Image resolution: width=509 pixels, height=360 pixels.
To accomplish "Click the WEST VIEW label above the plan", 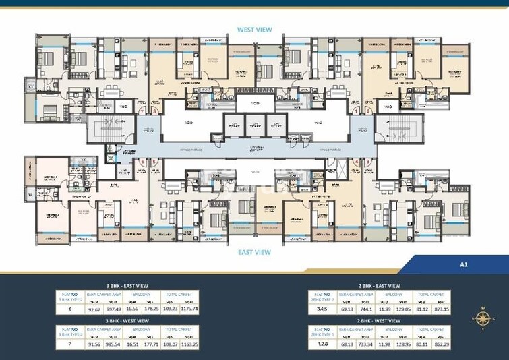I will (x=253, y=30).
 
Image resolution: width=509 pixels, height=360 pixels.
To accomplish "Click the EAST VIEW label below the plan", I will (x=253, y=252).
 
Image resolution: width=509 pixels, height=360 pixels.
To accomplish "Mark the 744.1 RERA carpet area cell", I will (x=367, y=309).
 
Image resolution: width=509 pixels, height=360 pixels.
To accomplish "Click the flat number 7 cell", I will (x=69, y=346).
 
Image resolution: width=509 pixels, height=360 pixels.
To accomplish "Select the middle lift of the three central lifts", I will (x=253, y=124).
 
